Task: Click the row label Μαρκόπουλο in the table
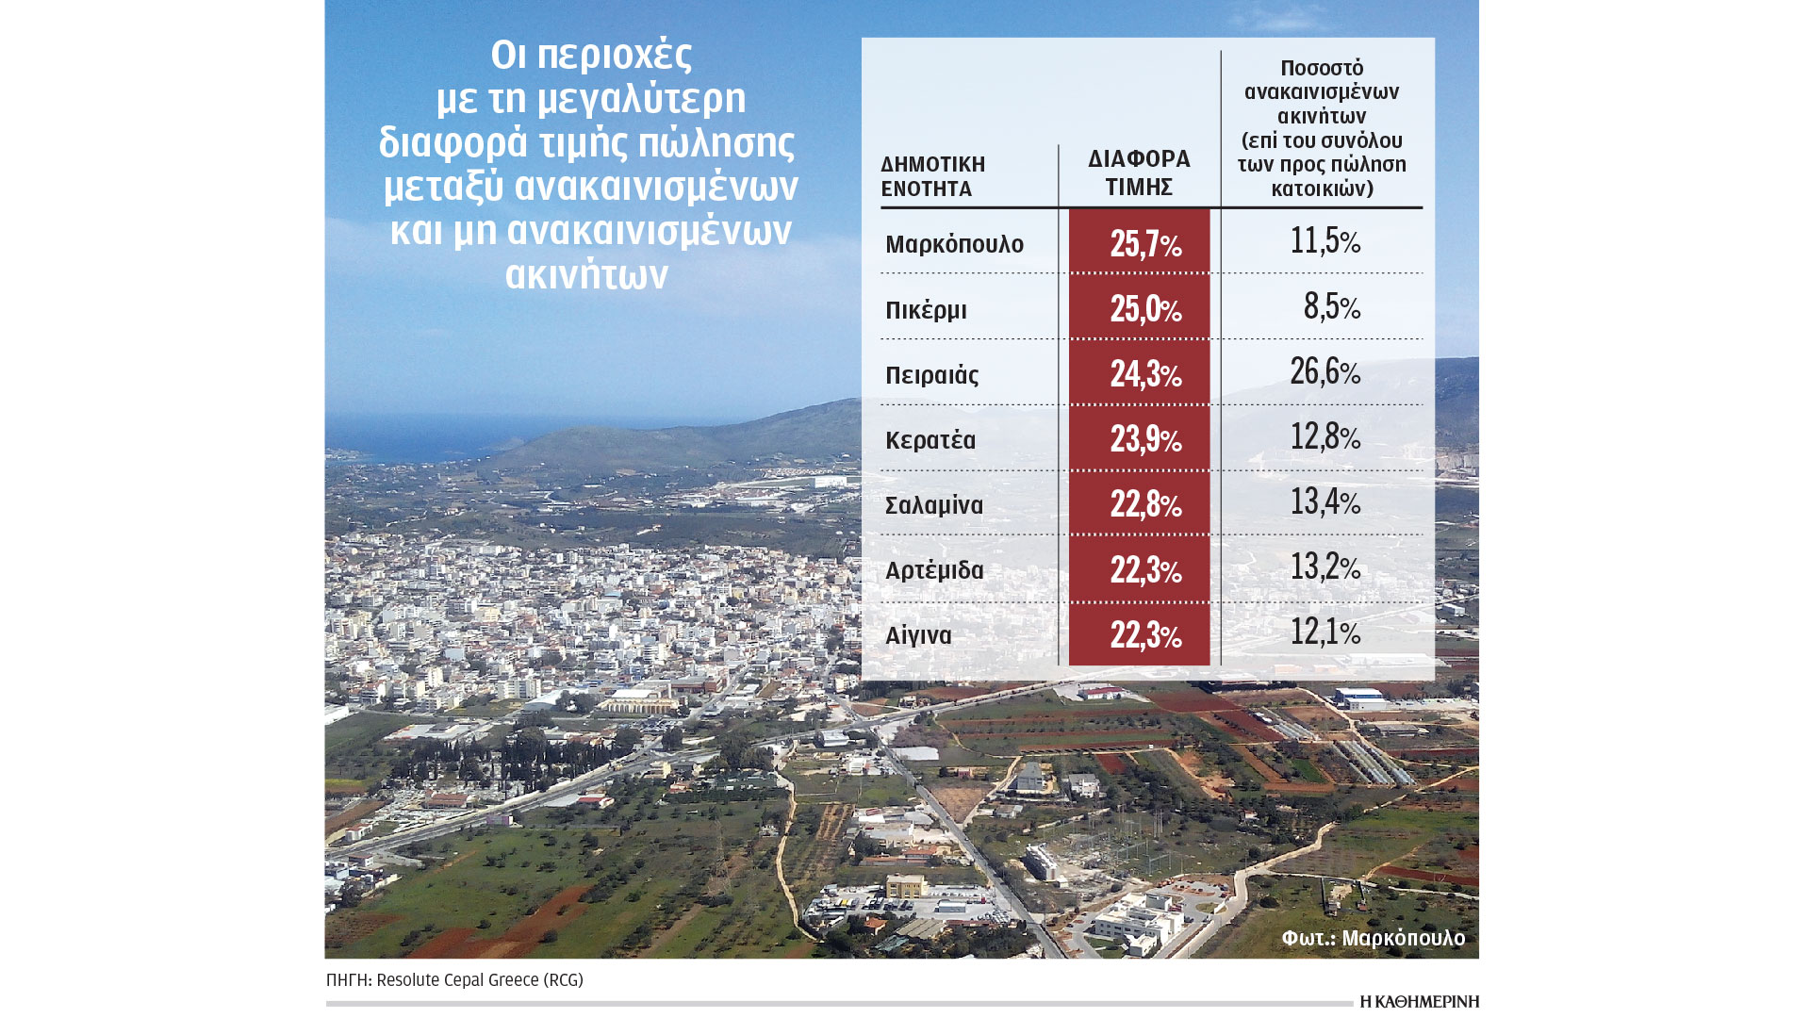(x=954, y=244)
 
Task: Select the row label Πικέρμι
(x=926, y=310)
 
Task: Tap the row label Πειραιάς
(x=931, y=375)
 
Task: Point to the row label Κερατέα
(x=930, y=440)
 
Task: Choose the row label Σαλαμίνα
(x=933, y=505)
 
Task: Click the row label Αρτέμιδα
(x=933, y=570)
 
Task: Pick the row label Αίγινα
(x=917, y=635)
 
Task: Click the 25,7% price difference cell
(x=1144, y=244)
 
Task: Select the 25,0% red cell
(x=1144, y=309)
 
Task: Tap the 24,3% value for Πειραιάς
(x=1144, y=374)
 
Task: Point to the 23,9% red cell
(x=1144, y=439)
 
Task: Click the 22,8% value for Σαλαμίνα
(x=1144, y=504)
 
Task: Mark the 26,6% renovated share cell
(x=1325, y=371)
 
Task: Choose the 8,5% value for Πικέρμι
(x=1331, y=306)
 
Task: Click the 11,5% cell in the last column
(x=1325, y=240)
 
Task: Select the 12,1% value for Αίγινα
(x=1325, y=632)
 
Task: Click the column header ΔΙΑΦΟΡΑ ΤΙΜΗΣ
(x=1139, y=172)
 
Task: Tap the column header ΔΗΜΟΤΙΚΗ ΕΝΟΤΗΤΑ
(x=932, y=176)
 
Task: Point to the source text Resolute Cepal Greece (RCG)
(x=479, y=980)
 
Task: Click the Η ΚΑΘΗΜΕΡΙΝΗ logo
(x=1419, y=1002)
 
